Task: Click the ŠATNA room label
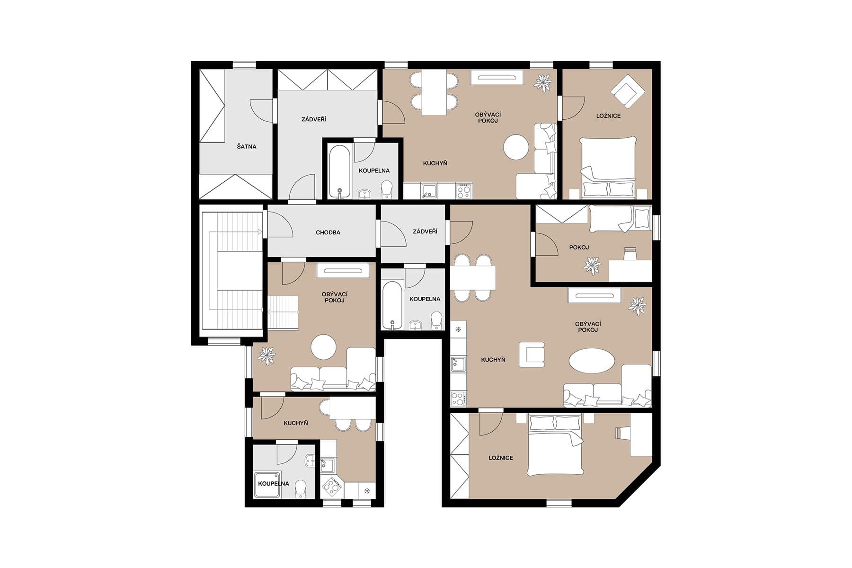click(247, 147)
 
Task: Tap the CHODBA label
click(328, 233)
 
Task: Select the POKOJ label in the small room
click(579, 248)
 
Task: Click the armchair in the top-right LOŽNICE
click(627, 91)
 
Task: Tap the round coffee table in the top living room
click(516, 147)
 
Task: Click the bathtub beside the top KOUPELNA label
click(339, 171)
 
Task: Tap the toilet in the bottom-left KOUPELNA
click(301, 488)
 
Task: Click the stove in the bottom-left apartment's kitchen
click(332, 486)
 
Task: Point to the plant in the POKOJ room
click(592, 265)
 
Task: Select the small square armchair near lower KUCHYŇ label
click(532, 355)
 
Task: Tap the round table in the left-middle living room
click(324, 347)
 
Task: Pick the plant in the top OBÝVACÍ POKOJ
click(543, 83)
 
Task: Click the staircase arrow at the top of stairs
click(259, 232)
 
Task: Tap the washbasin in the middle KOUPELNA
click(416, 325)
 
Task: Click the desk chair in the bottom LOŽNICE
click(622, 433)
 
